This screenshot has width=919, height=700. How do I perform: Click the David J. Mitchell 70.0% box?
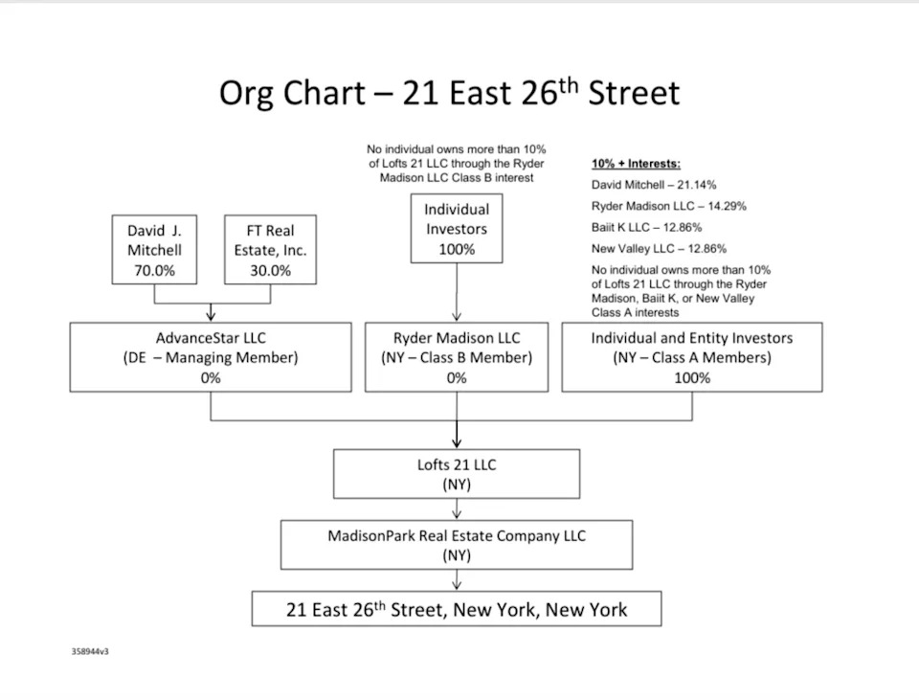coord(154,250)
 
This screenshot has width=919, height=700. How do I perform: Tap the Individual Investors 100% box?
coord(457,229)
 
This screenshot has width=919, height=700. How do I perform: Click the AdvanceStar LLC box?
coord(211,357)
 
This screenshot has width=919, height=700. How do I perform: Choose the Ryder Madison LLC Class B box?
coord(457,357)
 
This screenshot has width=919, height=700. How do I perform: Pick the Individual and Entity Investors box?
coord(691,357)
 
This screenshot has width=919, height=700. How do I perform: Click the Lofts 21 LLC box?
coord(457,474)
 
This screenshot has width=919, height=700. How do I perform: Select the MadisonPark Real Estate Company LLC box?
coord(457,545)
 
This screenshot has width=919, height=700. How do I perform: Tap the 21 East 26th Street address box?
coord(457,609)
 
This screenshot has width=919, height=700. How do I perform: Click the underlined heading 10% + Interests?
coord(636,164)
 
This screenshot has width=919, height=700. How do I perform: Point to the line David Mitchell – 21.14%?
coord(653,185)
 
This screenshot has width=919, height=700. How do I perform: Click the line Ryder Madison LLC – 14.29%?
coord(668,206)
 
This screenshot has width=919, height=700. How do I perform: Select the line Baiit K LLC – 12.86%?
coord(646,227)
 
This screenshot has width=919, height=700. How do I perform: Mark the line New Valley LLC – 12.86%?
coord(660,248)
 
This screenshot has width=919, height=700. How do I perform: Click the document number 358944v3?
coord(90,651)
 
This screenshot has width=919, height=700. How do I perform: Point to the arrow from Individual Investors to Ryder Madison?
coord(457,292)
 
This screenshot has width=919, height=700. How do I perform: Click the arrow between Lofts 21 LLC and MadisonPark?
coord(457,509)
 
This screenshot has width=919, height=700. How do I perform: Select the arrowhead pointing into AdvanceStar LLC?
coord(211,315)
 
